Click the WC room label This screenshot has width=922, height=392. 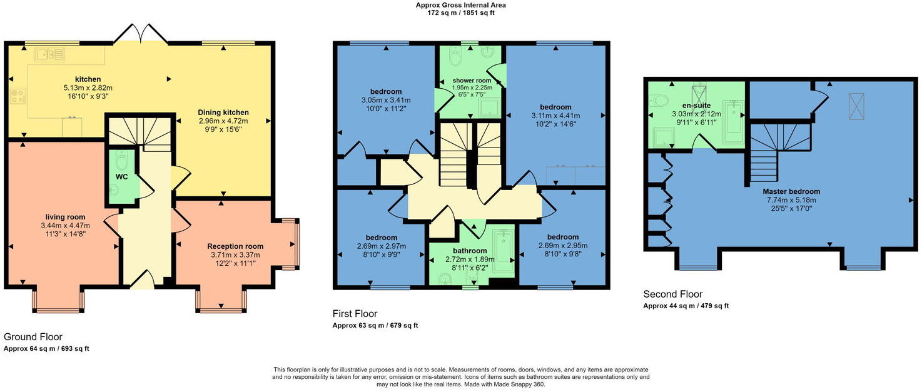(121, 177)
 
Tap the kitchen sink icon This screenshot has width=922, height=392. (49, 54)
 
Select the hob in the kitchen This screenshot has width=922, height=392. (18, 97)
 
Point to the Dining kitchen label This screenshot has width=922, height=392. (223, 113)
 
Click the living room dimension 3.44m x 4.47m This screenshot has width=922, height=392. (66, 226)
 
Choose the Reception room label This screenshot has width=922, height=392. (235, 246)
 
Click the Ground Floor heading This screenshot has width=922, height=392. (33, 337)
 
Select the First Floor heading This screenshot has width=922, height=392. (355, 314)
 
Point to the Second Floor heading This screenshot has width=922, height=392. (673, 294)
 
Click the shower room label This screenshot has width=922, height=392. (472, 81)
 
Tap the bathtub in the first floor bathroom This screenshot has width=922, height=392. (503, 251)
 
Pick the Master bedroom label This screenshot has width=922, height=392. (791, 191)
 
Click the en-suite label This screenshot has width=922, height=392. (696, 105)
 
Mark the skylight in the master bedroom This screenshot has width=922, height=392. (856, 106)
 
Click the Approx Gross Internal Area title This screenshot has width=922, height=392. (460, 6)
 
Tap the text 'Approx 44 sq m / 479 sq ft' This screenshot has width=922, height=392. (686, 306)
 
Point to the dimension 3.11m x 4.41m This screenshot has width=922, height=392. (555, 116)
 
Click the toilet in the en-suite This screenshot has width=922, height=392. (659, 100)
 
